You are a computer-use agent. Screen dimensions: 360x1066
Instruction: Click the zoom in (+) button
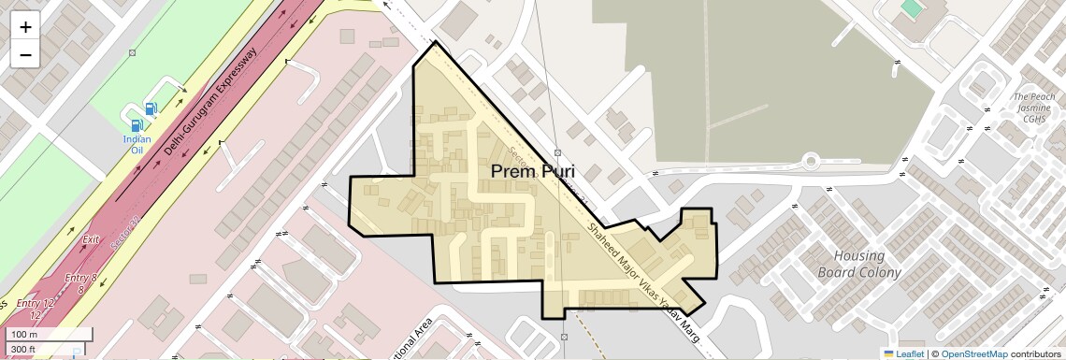pyautogui.click(x=25, y=27)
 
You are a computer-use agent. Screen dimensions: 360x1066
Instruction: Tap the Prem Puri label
pyautogui.click(x=532, y=172)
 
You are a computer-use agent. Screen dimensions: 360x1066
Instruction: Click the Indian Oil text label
pyautogui.click(x=137, y=145)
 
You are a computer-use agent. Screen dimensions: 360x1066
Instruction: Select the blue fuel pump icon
pyautogui.click(x=137, y=124)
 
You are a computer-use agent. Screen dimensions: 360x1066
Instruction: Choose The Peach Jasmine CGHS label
pyautogui.click(x=1033, y=108)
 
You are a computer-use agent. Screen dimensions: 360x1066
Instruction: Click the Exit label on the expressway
pyautogui.click(x=91, y=240)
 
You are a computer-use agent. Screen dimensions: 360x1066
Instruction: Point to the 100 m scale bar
pyautogui.click(x=47, y=335)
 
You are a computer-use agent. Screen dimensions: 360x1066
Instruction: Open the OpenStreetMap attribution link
pyautogui.click(x=973, y=354)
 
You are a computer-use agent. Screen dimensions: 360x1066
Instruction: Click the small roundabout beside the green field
pyautogui.click(x=811, y=162)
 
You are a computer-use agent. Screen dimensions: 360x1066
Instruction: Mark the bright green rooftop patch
pyautogui.click(x=910, y=8)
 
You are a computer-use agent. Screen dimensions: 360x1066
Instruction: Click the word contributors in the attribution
pyautogui.click(x=1036, y=354)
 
